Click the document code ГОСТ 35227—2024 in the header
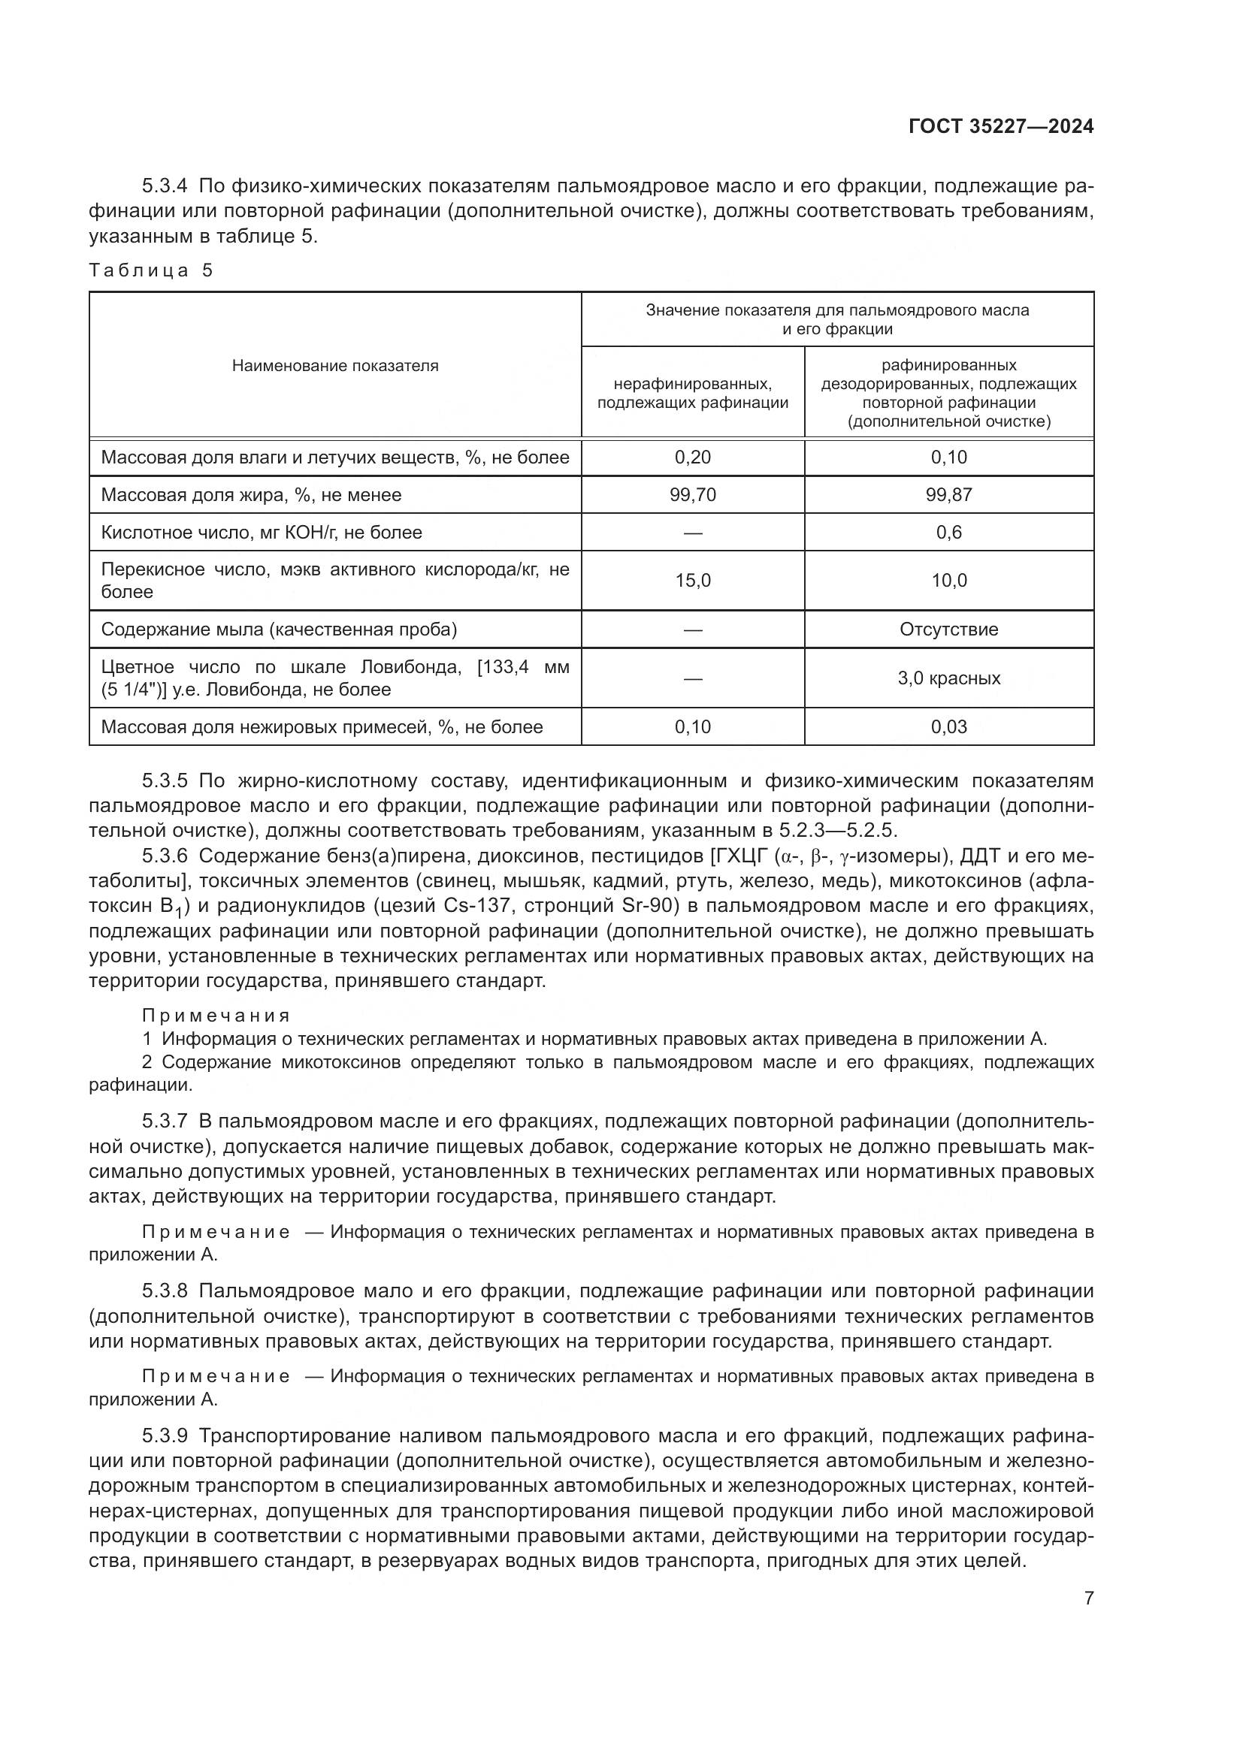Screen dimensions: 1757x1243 pos(1000,127)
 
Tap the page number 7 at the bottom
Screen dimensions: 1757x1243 pos(1088,1599)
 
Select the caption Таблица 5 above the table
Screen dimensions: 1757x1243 pos(151,270)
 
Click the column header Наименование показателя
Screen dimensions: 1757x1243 pos(335,366)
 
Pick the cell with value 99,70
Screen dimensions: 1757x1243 pos(693,495)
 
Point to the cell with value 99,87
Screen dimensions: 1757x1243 pos(948,495)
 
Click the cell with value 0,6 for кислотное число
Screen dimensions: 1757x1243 pos(948,533)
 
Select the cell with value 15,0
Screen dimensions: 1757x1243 pos(693,581)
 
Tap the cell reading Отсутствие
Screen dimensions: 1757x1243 pos(948,629)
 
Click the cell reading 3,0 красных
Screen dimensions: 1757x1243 pos(948,678)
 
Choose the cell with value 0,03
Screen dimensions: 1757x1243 pos(948,727)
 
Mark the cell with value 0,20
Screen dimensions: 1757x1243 pos(693,457)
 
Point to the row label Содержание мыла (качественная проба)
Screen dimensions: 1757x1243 pos(279,629)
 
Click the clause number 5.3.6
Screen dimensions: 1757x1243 pos(165,856)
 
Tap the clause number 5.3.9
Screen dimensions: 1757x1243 pos(165,1435)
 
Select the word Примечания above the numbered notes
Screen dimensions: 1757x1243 pos(216,1016)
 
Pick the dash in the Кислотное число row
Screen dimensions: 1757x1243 pos(693,533)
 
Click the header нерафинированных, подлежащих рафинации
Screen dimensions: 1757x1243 pos(693,394)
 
